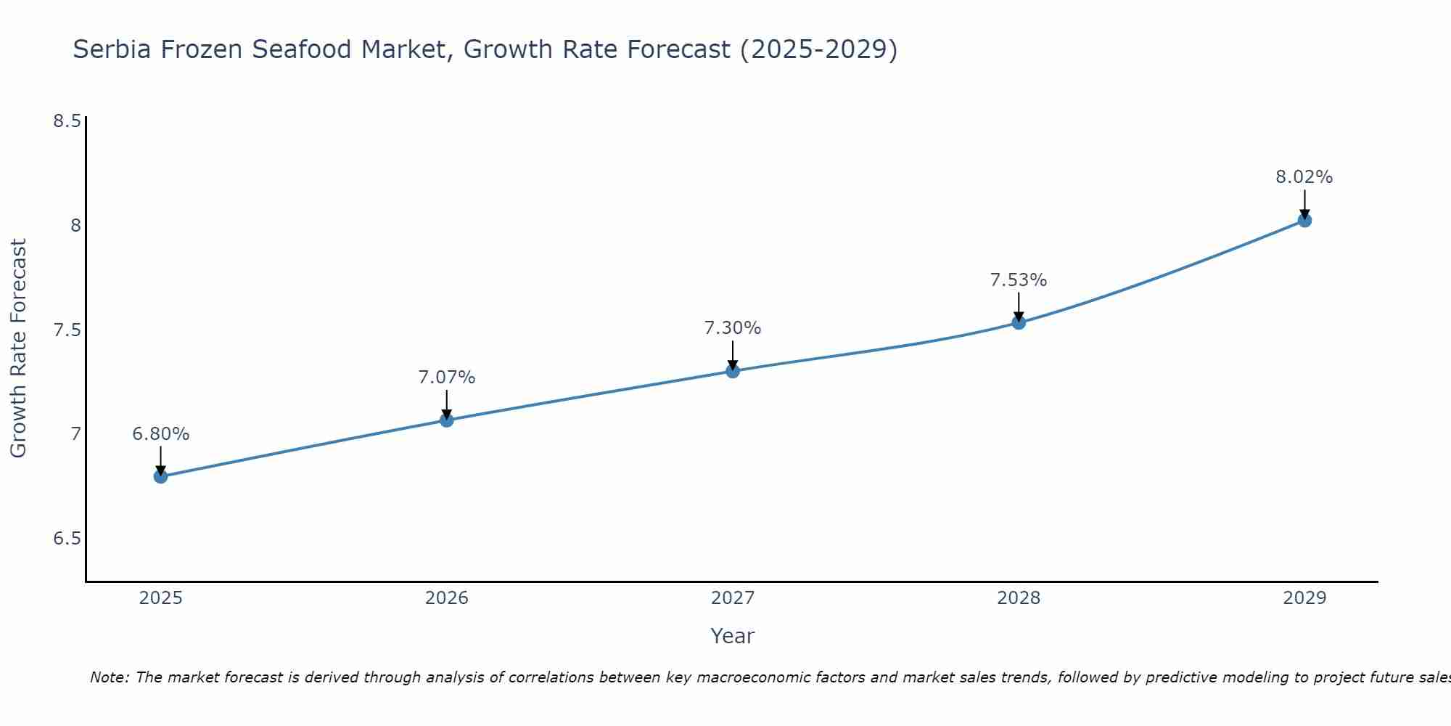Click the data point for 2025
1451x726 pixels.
pos(160,476)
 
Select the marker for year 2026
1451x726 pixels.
pos(446,420)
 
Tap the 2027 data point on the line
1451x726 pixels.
pos(733,371)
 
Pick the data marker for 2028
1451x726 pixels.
pos(1019,322)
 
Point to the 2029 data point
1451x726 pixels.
pos(1304,220)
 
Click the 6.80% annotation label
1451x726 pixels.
pos(160,434)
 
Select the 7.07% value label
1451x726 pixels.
pos(446,378)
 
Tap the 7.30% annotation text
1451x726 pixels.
pos(733,328)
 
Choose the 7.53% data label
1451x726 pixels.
pos(1019,280)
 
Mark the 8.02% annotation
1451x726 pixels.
pos(1304,177)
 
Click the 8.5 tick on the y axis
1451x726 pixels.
pos(67,121)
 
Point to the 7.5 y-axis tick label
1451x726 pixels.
pos(67,330)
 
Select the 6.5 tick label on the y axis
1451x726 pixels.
pos(67,539)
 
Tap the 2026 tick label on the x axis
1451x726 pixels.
pos(446,598)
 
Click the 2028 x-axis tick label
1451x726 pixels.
pos(1019,598)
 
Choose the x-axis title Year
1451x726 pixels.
pos(733,636)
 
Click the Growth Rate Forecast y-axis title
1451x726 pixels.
pos(19,348)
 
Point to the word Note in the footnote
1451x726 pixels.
pos(109,677)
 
